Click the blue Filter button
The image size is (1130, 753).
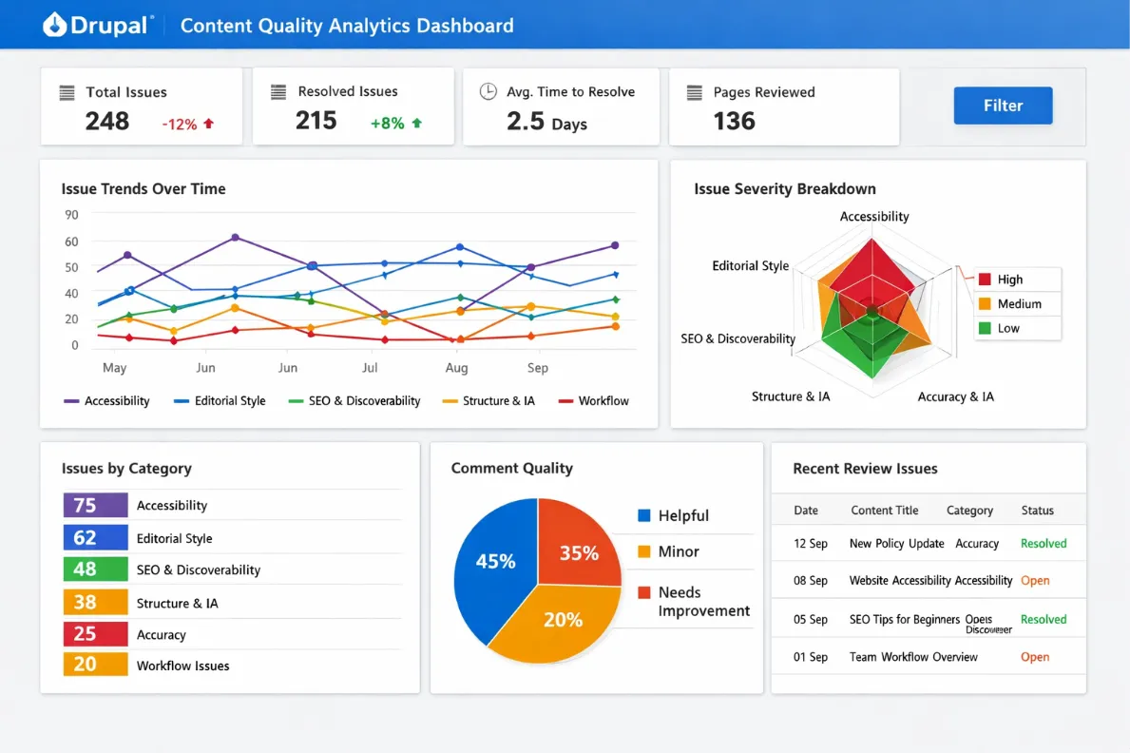tap(1003, 106)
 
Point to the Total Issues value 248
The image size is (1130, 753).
tap(107, 121)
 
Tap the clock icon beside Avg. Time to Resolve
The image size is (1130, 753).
tap(488, 91)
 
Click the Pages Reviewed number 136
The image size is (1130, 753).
tap(734, 121)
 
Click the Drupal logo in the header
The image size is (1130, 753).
tap(96, 26)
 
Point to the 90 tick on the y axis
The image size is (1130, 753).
tap(72, 215)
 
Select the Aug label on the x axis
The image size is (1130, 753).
tap(456, 368)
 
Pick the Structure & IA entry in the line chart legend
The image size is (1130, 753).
tap(488, 401)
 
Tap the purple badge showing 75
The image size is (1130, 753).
tap(95, 505)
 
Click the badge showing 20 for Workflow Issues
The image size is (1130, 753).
tap(95, 665)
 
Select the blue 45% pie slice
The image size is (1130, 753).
tap(493, 562)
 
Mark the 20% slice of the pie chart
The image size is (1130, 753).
tap(562, 620)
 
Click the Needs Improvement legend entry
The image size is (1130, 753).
tap(694, 602)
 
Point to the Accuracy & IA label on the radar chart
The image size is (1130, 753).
tap(955, 396)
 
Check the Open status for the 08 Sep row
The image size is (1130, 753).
tap(1035, 581)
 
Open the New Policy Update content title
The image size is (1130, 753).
tap(896, 544)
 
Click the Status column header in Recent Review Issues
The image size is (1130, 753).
tap(1037, 511)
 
